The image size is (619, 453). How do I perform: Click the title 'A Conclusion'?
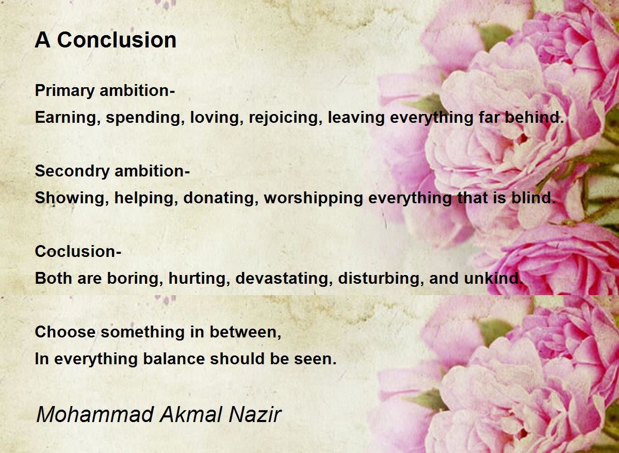pyautogui.click(x=106, y=40)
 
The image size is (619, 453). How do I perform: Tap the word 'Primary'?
pyautogui.click(x=65, y=91)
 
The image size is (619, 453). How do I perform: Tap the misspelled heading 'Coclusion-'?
pyautogui.click(x=78, y=252)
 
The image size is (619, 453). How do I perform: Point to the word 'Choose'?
pyautogui.click(x=66, y=332)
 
